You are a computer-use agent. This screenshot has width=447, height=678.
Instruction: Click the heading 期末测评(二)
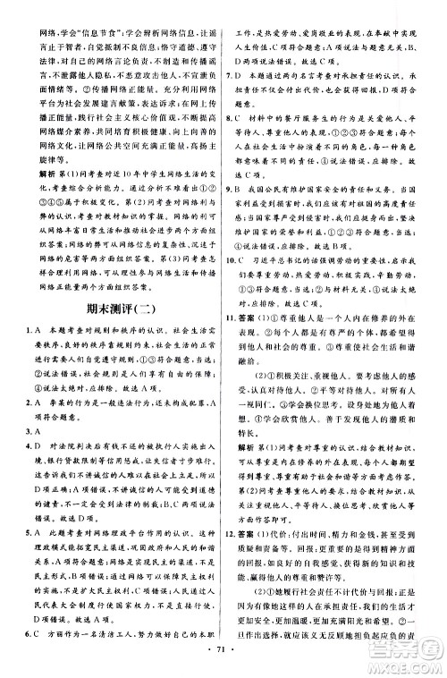114,359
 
